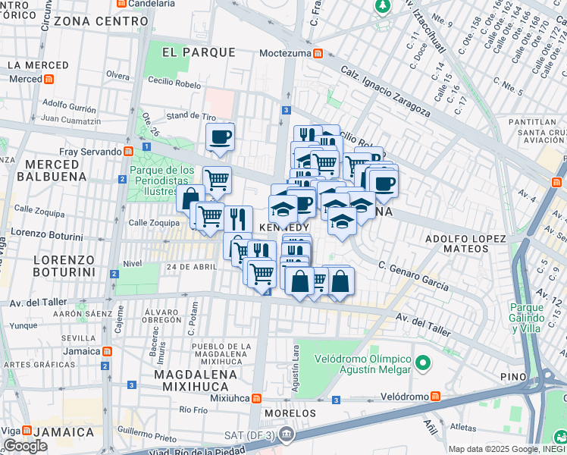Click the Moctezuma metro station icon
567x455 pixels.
pyautogui.click(x=318, y=53)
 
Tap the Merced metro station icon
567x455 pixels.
pyautogui.click(x=49, y=79)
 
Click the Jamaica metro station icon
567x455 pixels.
pyautogui.click(x=108, y=351)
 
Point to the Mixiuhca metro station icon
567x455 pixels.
pyautogui.click(x=257, y=397)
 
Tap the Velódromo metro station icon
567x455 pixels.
pyautogui.click(x=435, y=397)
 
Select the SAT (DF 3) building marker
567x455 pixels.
pyautogui.click(x=286, y=435)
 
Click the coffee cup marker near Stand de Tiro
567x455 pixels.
pyautogui.click(x=220, y=137)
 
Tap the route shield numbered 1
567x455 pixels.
pyautogui.click(x=146, y=147)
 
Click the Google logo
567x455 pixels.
pyautogui.click(x=26, y=446)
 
